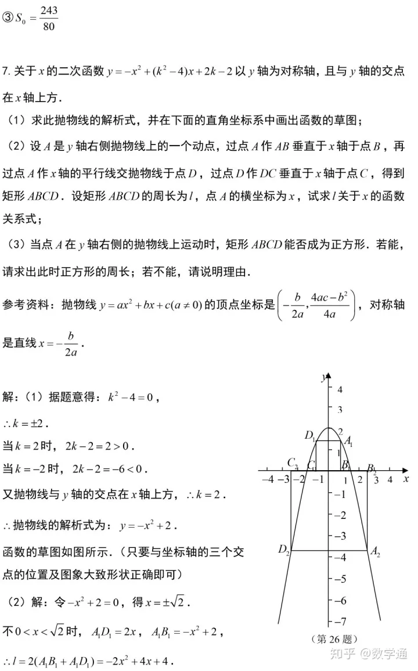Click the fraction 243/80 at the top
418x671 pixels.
[x=49, y=19]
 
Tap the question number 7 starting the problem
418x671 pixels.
[x=5, y=71]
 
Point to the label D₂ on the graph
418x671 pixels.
[x=283, y=549]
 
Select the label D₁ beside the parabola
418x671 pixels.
[x=309, y=435]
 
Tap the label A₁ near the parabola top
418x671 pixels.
[x=348, y=441]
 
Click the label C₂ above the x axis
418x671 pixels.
[x=292, y=463]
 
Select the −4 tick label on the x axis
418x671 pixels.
[x=268, y=479]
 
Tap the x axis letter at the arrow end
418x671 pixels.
[x=406, y=478]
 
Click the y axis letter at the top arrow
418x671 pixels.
[x=323, y=378]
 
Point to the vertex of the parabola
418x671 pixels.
[x=329, y=428]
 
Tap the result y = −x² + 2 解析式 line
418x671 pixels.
[x=147, y=526]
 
